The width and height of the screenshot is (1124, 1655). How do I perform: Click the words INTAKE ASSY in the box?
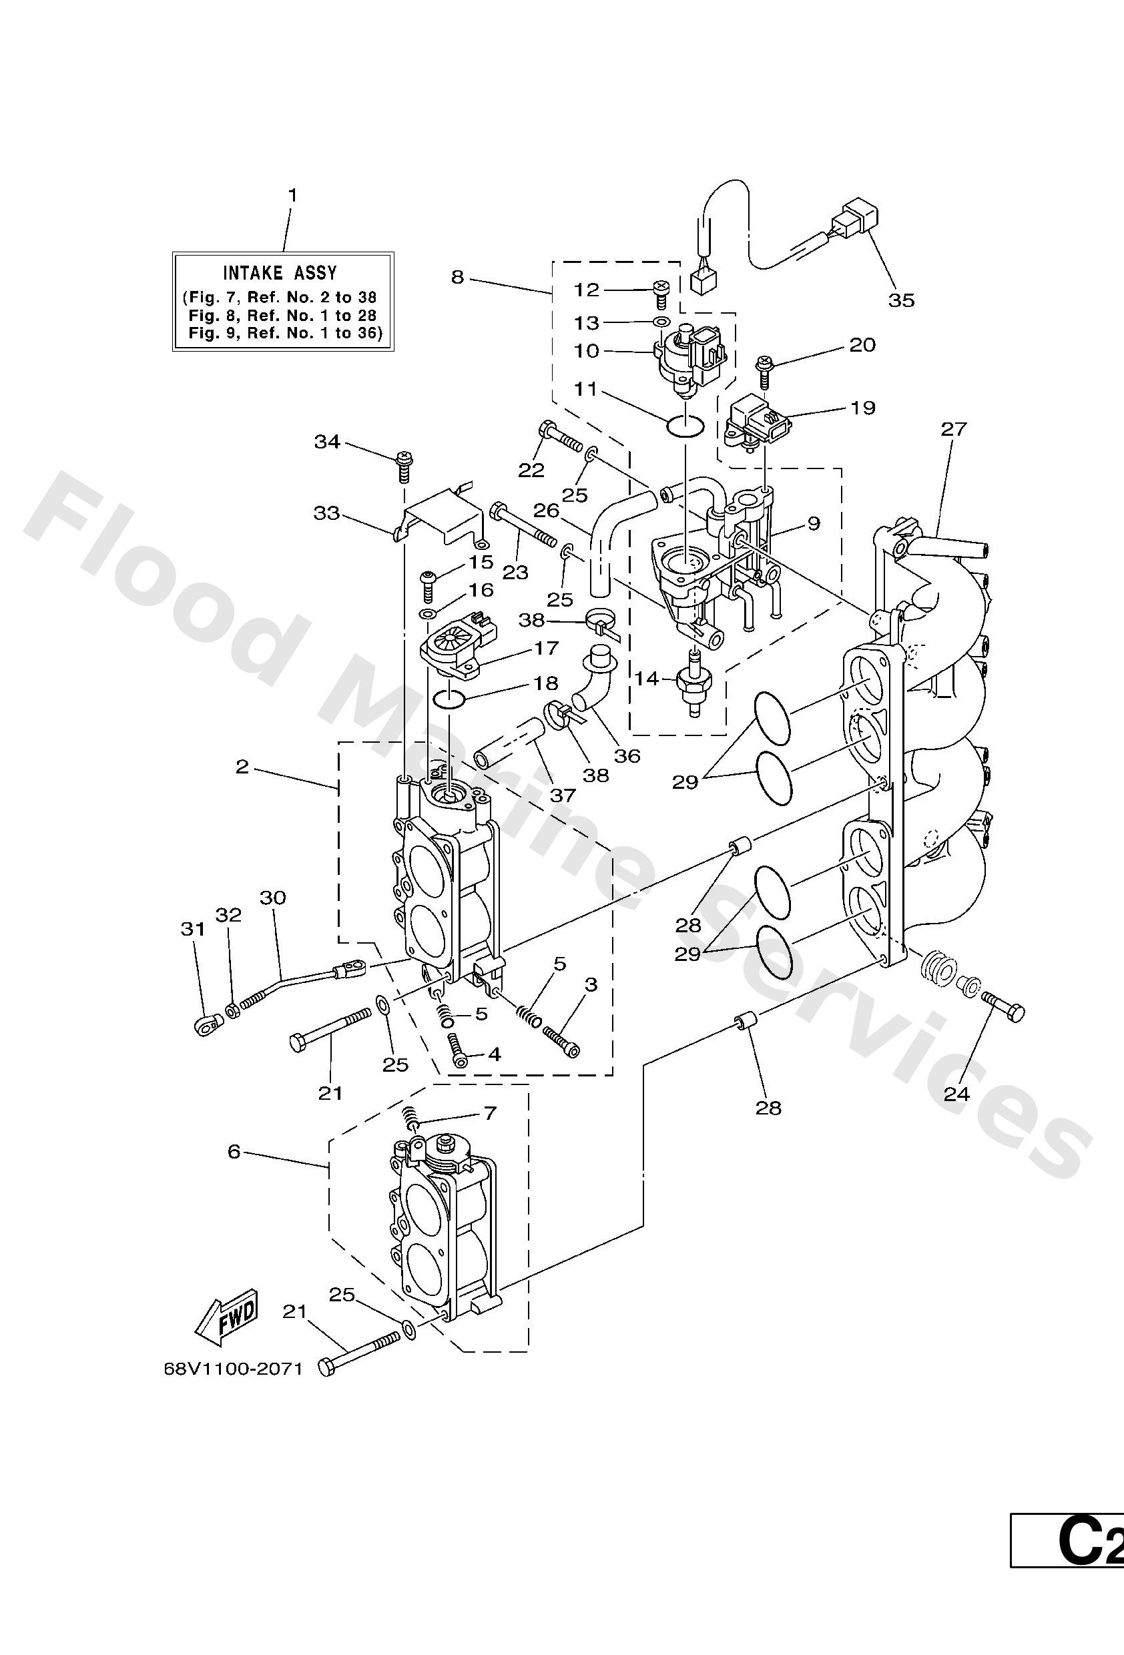280,273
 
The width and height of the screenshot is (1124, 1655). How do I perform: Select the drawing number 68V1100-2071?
233,1369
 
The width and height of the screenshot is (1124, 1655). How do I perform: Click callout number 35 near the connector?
900,300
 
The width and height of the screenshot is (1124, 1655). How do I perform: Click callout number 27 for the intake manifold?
954,428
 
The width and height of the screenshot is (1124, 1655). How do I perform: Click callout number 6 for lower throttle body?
234,1152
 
